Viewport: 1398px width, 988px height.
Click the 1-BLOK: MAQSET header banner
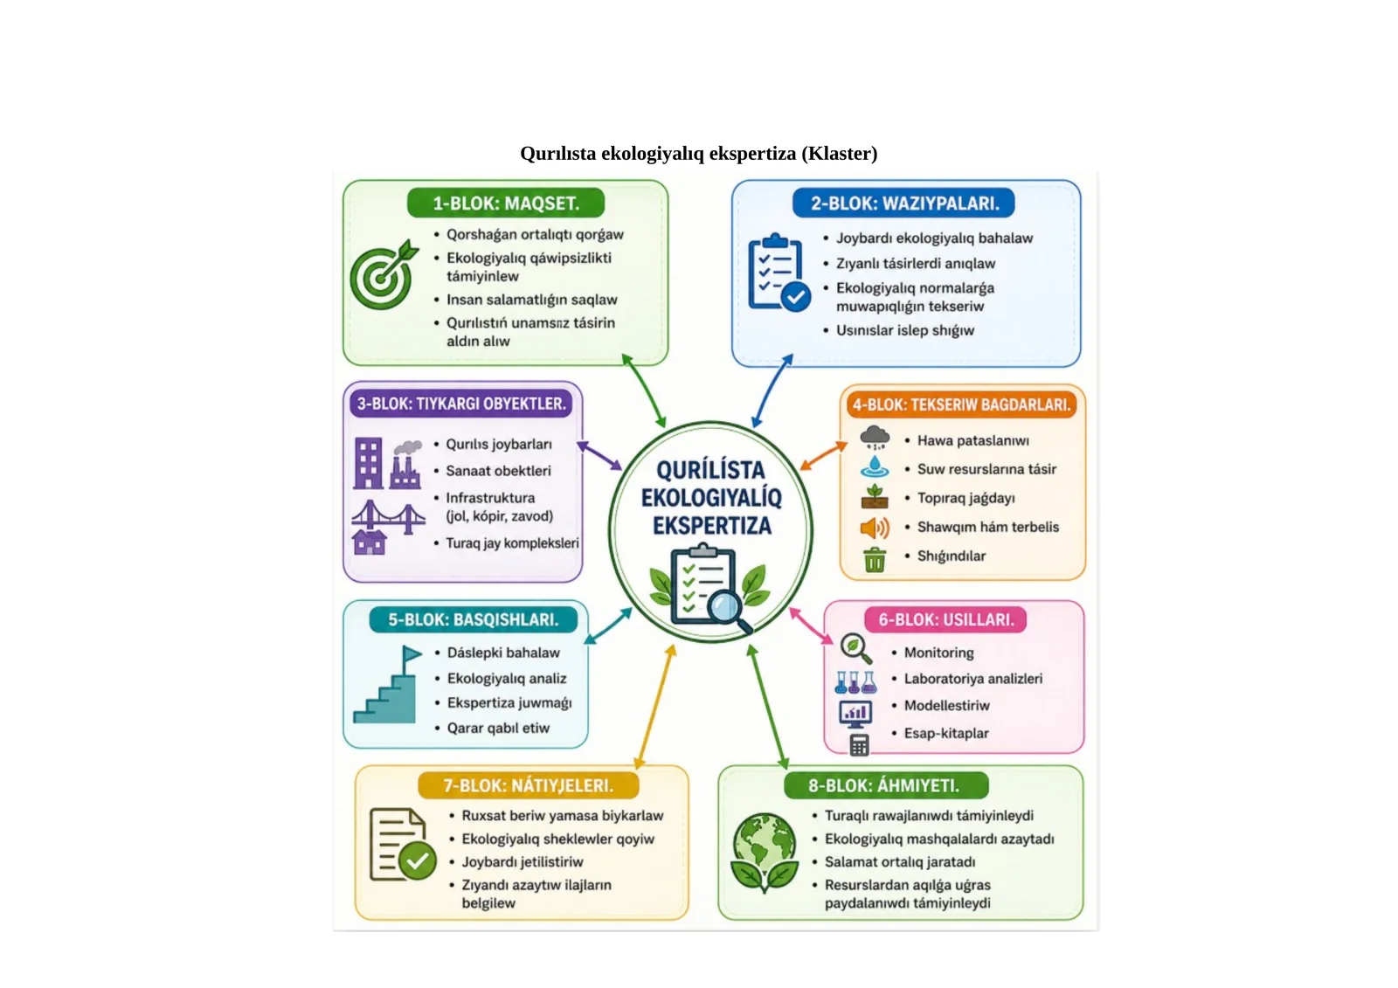click(506, 203)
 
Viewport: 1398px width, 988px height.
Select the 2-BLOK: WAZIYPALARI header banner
click(903, 203)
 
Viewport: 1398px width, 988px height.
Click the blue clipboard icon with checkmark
click(779, 273)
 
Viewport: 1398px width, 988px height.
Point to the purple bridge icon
click(388, 517)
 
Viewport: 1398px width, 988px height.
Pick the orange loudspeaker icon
click(875, 528)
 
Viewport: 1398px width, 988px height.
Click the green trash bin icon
click(875, 560)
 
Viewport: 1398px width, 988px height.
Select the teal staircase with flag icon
click(388, 685)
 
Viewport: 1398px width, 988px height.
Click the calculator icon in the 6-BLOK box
click(860, 745)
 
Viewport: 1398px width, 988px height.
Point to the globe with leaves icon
click(764, 852)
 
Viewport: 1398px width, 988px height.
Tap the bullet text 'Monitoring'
click(938, 653)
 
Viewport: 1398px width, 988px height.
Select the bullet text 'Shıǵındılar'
click(952, 556)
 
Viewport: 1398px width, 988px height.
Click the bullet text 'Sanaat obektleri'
click(498, 471)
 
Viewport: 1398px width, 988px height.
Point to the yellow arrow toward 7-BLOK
click(655, 707)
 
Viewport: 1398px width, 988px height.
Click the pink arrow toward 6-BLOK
click(811, 625)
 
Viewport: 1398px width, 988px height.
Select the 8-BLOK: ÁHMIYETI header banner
click(886, 785)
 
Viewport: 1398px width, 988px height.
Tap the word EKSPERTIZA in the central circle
click(712, 526)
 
